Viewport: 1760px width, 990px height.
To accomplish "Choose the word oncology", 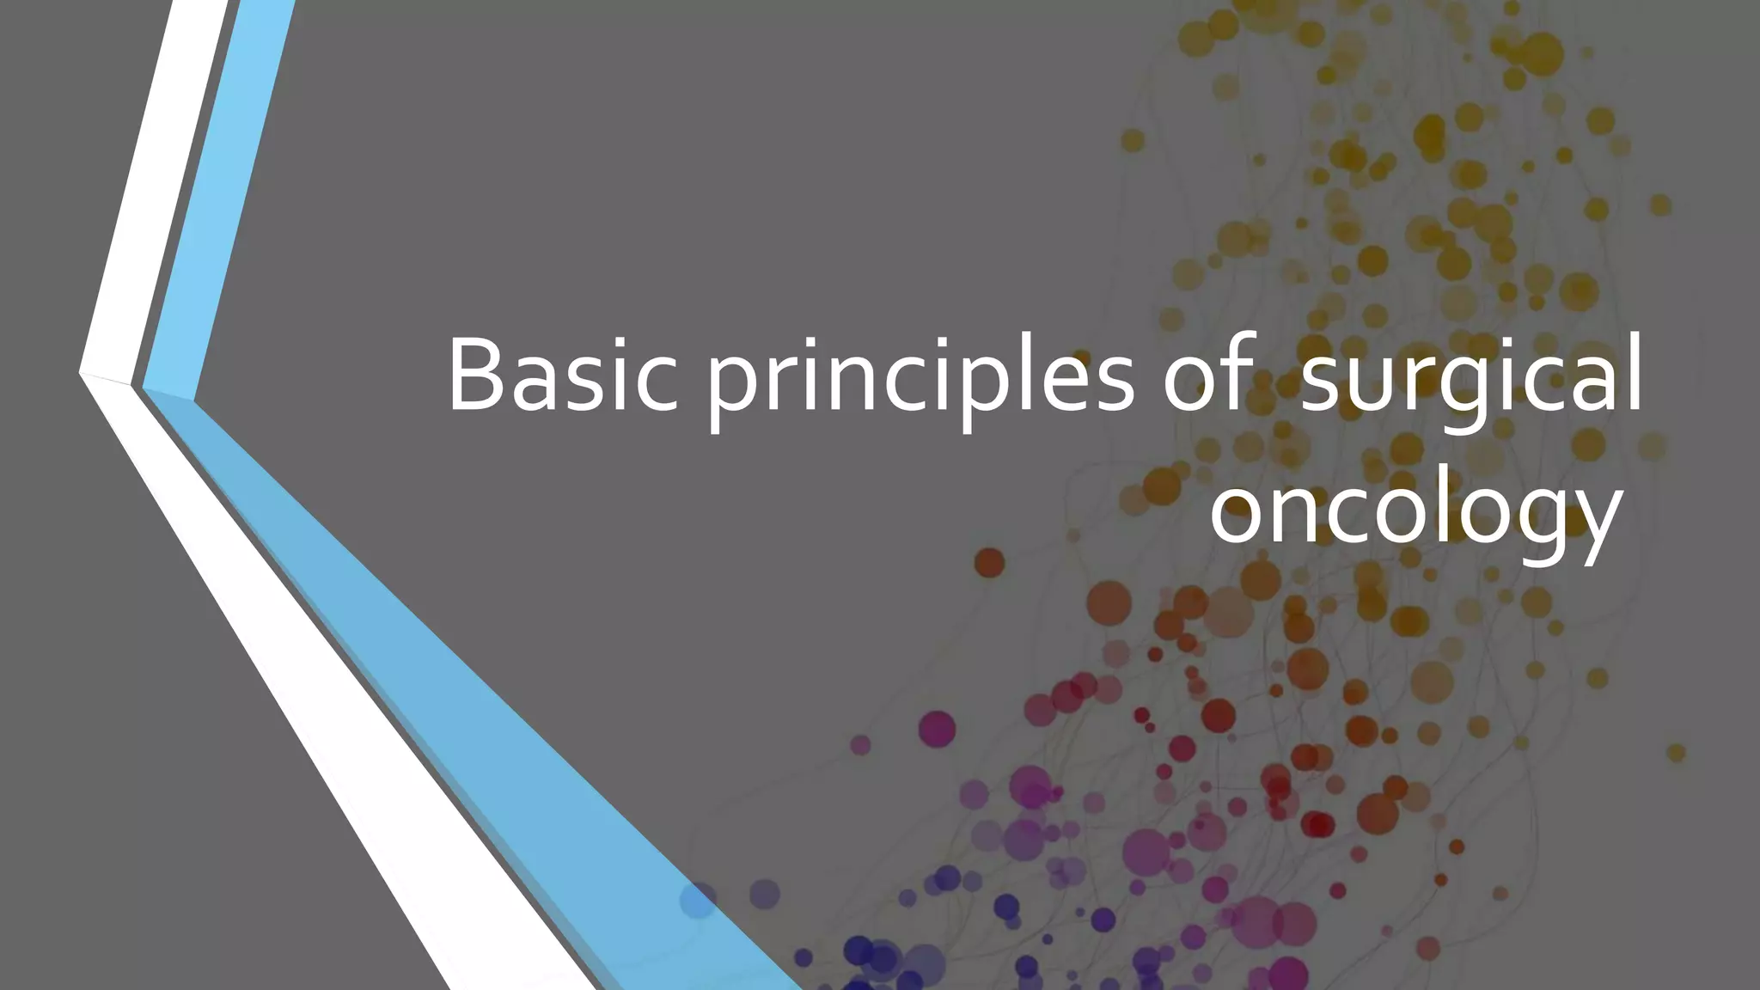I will (x=1415, y=512).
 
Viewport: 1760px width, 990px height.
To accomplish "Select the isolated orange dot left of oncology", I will (x=989, y=563).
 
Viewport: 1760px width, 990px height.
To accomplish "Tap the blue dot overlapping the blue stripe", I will (x=698, y=900).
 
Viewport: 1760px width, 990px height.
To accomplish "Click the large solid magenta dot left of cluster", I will (x=937, y=729).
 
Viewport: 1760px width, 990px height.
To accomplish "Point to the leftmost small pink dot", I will (x=860, y=744).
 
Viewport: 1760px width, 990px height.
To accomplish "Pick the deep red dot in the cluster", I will (x=1317, y=825).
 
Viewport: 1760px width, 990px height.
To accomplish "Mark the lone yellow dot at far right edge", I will (x=1676, y=753).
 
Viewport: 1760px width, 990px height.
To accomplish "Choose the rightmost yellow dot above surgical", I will (x=1660, y=205).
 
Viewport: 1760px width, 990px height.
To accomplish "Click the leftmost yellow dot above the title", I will (x=1133, y=140).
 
